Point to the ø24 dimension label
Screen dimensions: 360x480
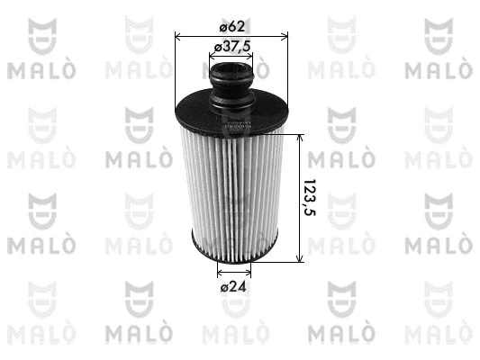tap(233, 286)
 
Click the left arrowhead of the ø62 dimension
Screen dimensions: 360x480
tap(177, 38)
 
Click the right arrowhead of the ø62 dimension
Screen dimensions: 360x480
tap(285, 38)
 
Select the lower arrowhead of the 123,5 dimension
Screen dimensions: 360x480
tap(300, 258)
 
